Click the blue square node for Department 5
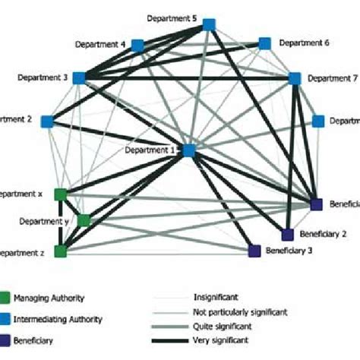tap(210, 27)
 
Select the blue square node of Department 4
tap(138, 46)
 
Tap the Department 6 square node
tap(265, 43)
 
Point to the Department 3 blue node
tap(80, 77)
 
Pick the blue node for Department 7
tap(295, 77)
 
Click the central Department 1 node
tap(188, 150)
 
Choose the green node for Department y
tap(84, 220)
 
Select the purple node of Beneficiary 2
tap(288, 234)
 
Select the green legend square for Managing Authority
tap(6, 299)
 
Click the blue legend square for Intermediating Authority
tap(6, 321)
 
